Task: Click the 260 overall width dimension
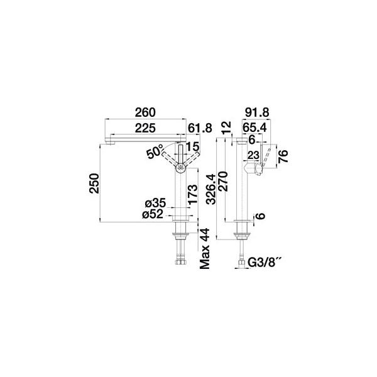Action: coord(145,112)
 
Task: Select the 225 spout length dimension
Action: coord(145,128)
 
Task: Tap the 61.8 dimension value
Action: coord(199,128)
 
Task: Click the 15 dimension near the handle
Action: coord(193,147)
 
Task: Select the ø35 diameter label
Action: coord(155,204)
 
